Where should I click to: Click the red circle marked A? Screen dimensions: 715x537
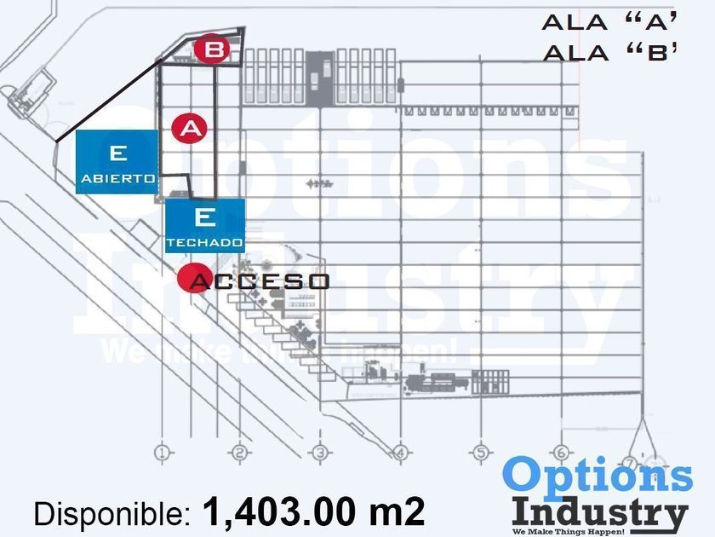click(190, 129)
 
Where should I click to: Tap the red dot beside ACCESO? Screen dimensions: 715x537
click(190, 279)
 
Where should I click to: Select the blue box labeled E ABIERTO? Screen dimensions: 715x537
click(117, 162)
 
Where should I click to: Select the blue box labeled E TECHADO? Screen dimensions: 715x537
click(205, 225)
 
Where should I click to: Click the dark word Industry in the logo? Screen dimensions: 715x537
click(600, 511)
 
